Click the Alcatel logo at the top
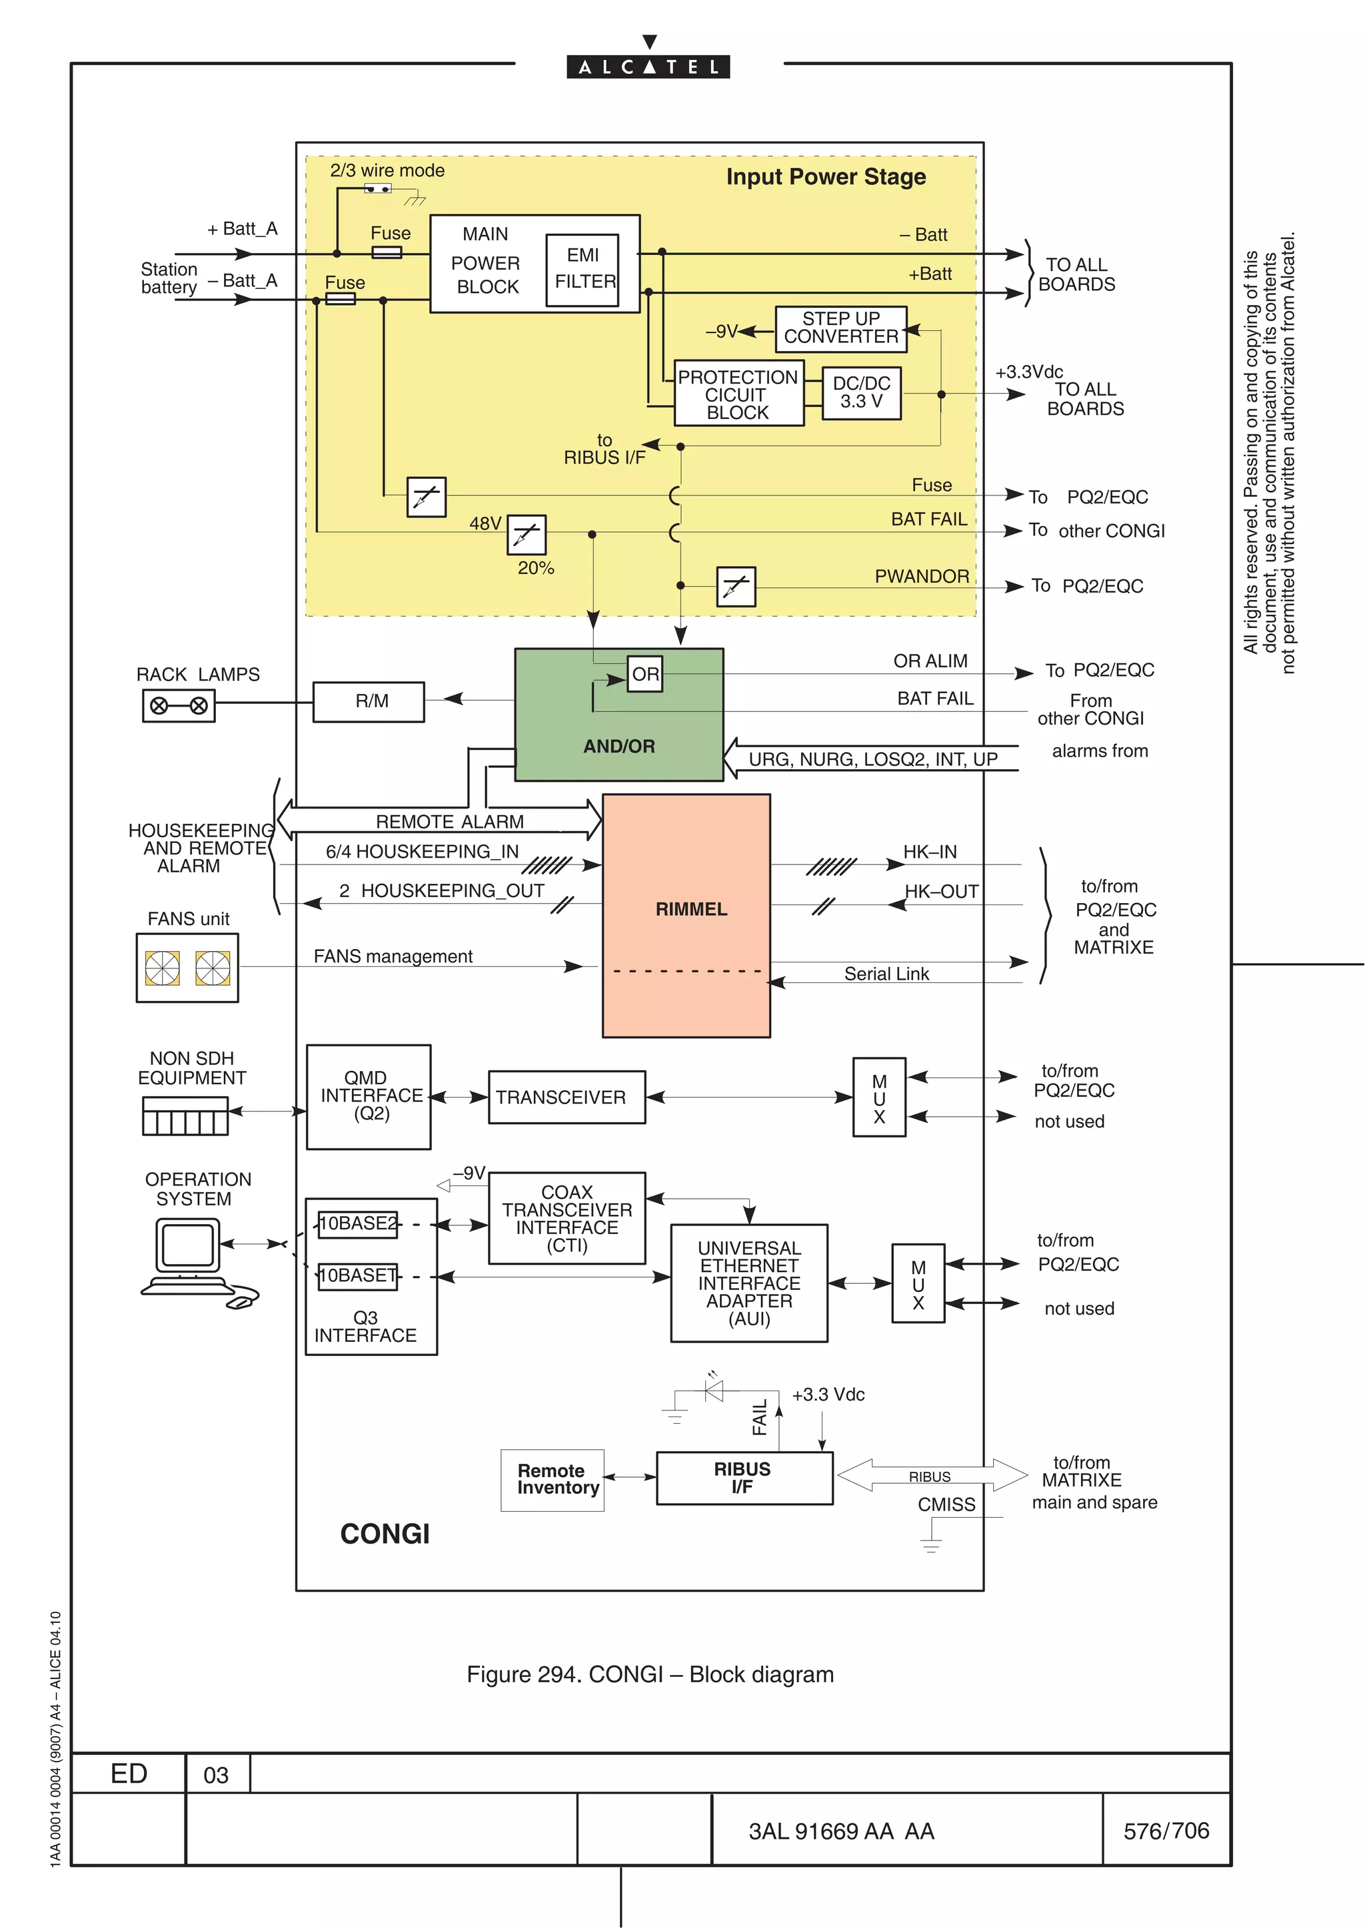(x=648, y=67)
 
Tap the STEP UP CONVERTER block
(x=840, y=328)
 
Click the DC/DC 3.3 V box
(x=861, y=392)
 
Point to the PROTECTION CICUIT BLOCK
(x=738, y=394)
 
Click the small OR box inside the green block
(x=645, y=674)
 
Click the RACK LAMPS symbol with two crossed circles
(x=179, y=705)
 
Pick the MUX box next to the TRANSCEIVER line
(x=879, y=1098)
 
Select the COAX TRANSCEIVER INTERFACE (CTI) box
(x=567, y=1218)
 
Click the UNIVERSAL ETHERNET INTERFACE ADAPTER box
(x=748, y=1283)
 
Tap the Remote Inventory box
(x=553, y=1479)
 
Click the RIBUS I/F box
(x=743, y=1477)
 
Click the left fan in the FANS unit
(x=163, y=968)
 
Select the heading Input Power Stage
(x=825, y=176)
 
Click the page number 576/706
(x=1166, y=1830)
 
